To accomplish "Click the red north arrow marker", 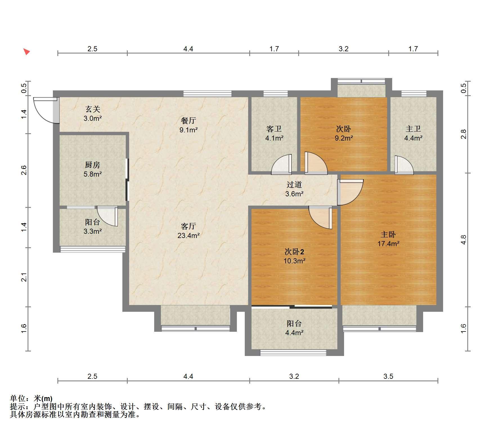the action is pyautogui.click(x=26, y=52).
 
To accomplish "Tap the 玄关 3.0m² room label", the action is pyautogui.click(x=93, y=113).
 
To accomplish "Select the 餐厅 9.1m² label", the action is pyautogui.click(x=188, y=125).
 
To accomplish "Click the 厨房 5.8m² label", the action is pyautogui.click(x=93, y=169).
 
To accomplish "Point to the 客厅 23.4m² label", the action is pyautogui.click(x=188, y=231).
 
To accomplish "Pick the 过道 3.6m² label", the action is pyautogui.click(x=294, y=189).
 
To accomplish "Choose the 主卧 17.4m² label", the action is pyautogui.click(x=388, y=239).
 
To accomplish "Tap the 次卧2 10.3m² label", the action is pyautogui.click(x=294, y=256).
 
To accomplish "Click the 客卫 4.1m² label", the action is pyautogui.click(x=274, y=133).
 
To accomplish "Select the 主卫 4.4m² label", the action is pyautogui.click(x=413, y=133).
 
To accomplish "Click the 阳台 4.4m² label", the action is pyautogui.click(x=294, y=328).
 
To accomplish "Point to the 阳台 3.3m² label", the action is pyautogui.click(x=93, y=226).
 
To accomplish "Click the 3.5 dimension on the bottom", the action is pyautogui.click(x=388, y=376).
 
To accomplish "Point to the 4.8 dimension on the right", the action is pyautogui.click(x=464, y=240).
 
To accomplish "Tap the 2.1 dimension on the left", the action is pyautogui.click(x=24, y=277).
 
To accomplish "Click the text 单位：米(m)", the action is pyautogui.click(x=31, y=399).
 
